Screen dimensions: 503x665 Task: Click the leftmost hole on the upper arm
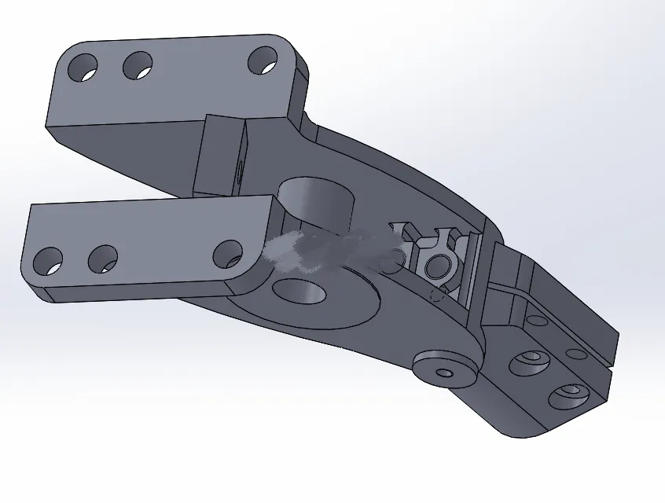coord(83,68)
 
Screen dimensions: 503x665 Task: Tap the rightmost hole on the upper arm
coord(263,60)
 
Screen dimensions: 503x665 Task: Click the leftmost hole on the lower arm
coord(49,261)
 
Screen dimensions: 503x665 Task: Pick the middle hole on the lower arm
coord(103,258)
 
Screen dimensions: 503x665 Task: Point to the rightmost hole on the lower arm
coord(228,254)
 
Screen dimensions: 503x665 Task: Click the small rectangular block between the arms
coord(220,156)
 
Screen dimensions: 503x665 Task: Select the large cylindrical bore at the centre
coord(314,201)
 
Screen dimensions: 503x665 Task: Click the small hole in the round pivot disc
coord(446,372)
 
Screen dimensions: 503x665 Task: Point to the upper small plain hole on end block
coord(536,321)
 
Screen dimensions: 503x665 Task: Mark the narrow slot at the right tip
coord(610,357)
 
